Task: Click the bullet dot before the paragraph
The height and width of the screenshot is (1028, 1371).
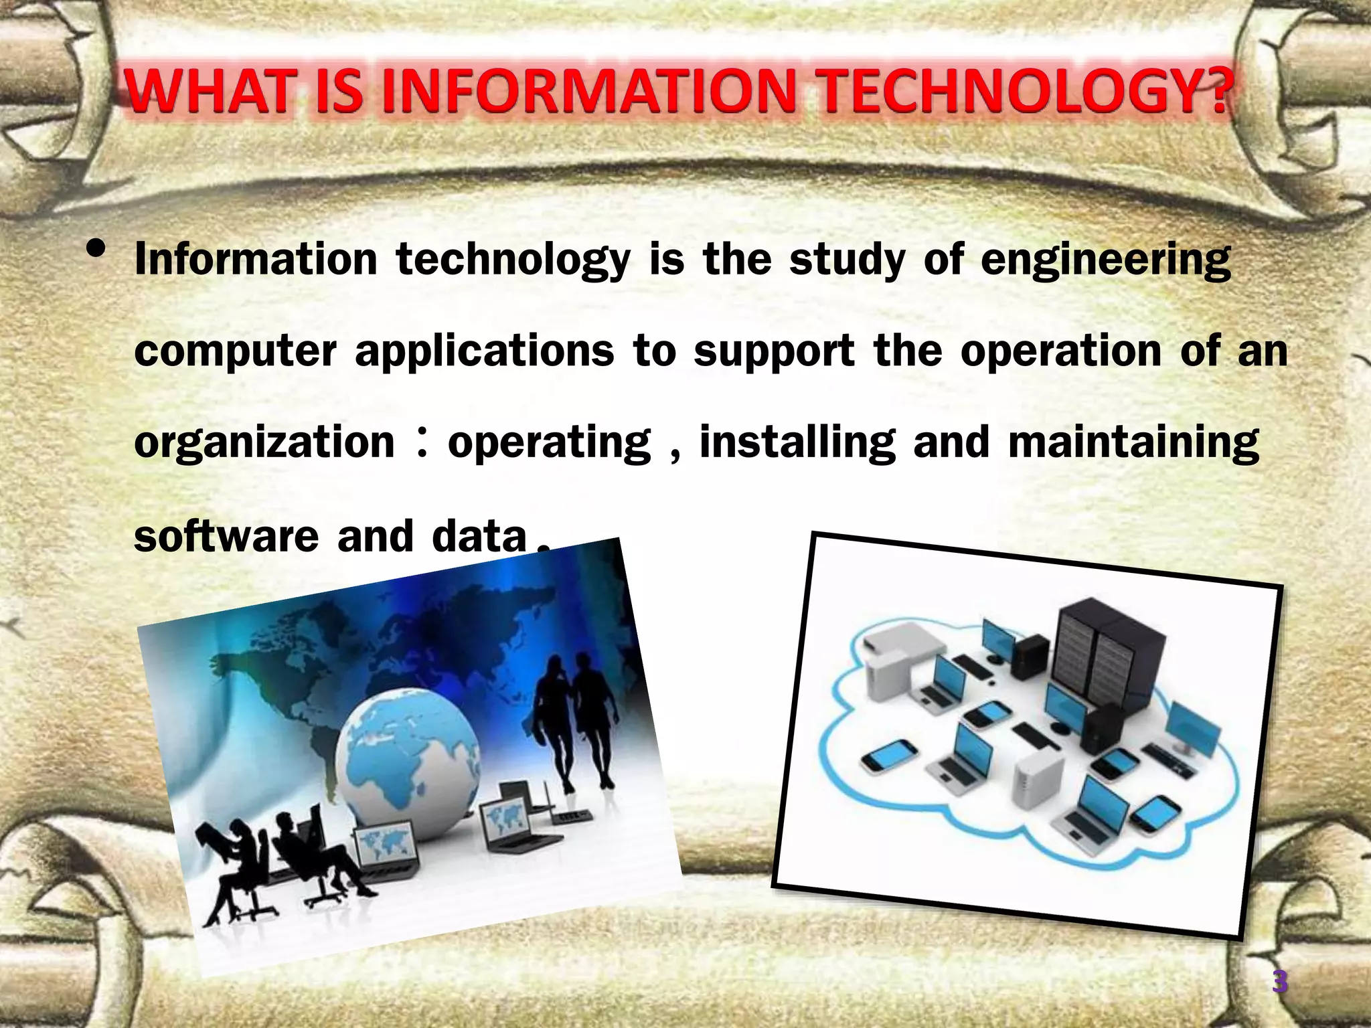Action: pyautogui.click(x=96, y=249)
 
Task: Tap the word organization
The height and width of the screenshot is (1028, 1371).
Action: pyautogui.click(x=264, y=443)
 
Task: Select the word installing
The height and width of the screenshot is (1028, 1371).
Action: pyautogui.click(x=797, y=443)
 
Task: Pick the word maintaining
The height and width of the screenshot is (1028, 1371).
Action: pyautogui.click(x=1133, y=443)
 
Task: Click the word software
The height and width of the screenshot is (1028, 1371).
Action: pyautogui.click(x=226, y=536)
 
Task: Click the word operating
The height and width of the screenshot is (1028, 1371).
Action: pyautogui.click(x=549, y=443)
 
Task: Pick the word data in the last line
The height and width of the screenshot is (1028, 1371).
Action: pyautogui.click(x=479, y=536)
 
